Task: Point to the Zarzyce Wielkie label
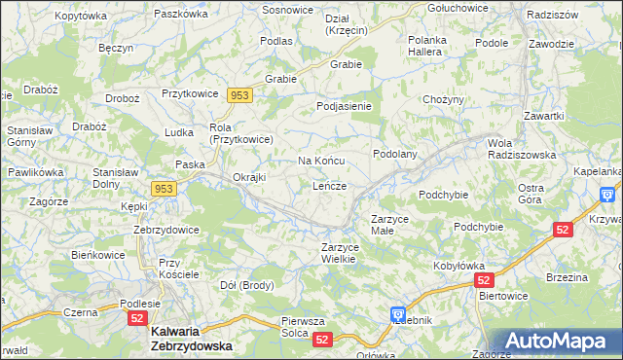[346, 253]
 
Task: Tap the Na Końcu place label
[321, 161]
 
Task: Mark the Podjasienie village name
[345, 106]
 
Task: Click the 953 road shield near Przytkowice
[240, 94]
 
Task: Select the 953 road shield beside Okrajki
[164, 188]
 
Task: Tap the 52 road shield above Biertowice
[487, 280]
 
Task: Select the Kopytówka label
[81, 17]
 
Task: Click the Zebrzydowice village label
[166, 230]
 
